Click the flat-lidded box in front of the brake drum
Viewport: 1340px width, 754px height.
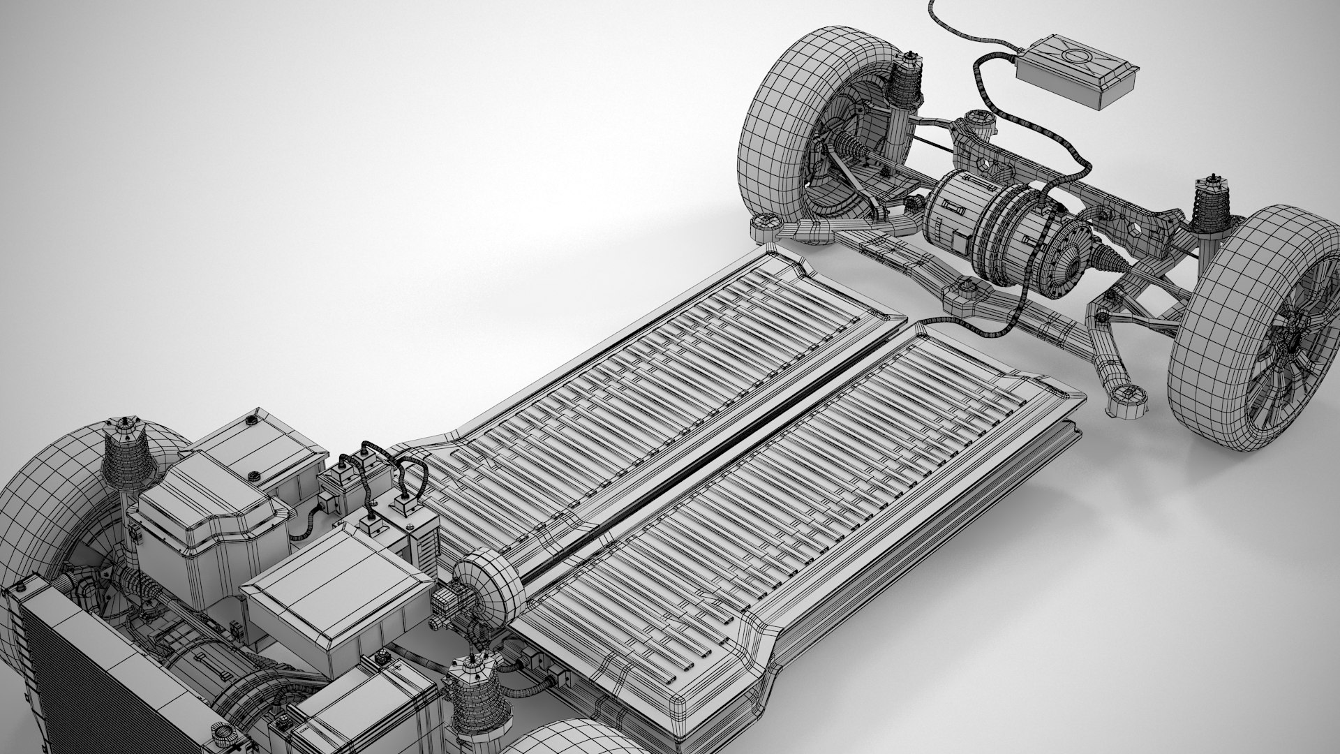click(335, 593)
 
